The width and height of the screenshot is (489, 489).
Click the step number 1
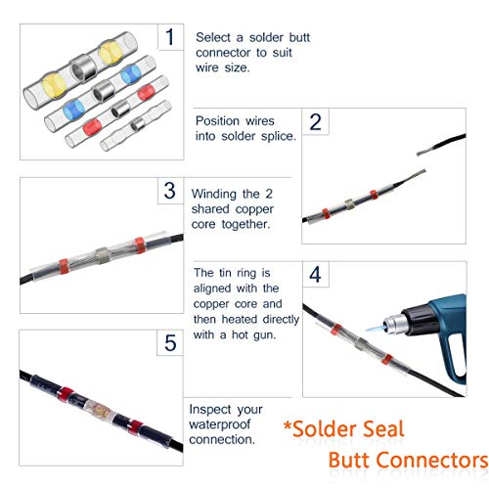169,36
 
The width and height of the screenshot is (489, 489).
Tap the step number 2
315,122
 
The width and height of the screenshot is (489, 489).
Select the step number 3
170,191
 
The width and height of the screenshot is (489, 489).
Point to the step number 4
315,275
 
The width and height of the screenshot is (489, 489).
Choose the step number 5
170,342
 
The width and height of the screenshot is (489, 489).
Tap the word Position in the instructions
217,121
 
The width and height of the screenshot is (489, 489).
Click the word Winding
214,195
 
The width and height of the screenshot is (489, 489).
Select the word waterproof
220,424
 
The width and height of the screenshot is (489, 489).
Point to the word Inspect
210,410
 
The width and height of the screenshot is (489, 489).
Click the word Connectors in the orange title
433,461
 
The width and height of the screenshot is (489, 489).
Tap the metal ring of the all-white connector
137,124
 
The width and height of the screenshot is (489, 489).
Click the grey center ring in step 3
102,253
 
